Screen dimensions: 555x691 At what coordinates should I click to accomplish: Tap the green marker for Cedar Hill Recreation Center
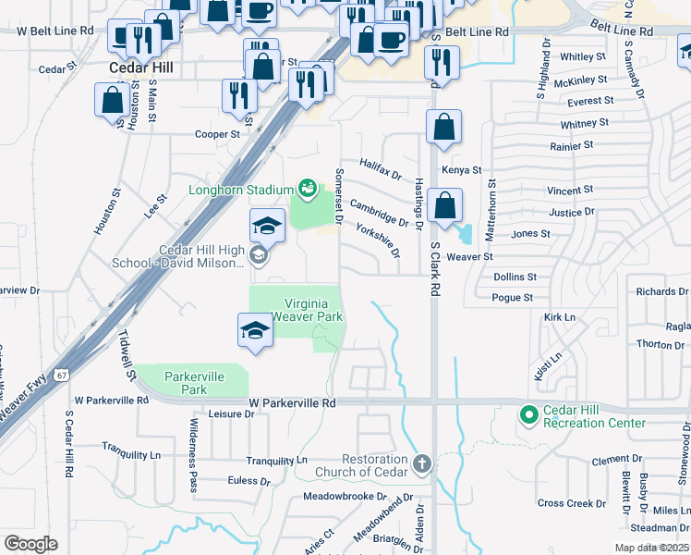point(529,415)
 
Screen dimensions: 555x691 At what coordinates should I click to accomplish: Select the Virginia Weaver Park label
point(313,310)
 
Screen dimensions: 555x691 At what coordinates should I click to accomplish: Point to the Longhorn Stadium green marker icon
point(308,190)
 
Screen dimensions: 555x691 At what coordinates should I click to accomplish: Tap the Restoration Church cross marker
point(421,463)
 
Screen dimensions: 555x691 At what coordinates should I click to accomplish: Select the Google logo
point(30,544)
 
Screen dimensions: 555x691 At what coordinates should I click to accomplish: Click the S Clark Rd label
point(434,269)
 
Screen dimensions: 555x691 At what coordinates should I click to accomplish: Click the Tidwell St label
point(130,354)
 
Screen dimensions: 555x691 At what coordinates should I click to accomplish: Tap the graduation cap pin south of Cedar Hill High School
point(254,330)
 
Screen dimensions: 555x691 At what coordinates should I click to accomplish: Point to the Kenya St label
point(462,170)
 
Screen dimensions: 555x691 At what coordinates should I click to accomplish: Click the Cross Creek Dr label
point(572,503)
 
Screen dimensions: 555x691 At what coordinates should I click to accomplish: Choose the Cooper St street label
point(217,134)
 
